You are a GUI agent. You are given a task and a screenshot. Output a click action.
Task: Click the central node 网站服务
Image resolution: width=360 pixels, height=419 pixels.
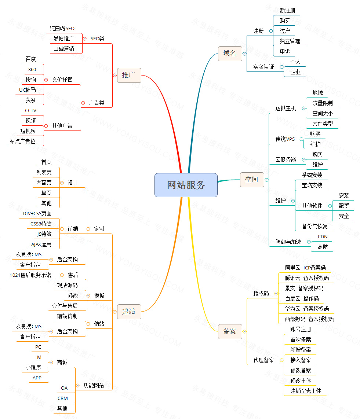point(186,185)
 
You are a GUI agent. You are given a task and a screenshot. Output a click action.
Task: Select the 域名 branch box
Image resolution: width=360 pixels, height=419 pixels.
point(230,54)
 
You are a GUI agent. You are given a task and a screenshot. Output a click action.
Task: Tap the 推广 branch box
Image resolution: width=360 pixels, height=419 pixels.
point(129,75)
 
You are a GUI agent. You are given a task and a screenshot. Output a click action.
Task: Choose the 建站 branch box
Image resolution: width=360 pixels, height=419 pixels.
point(129,312)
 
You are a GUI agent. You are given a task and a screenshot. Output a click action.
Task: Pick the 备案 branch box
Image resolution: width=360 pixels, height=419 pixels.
point(230,331)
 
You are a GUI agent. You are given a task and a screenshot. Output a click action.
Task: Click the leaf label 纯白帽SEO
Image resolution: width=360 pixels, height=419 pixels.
point(62,28)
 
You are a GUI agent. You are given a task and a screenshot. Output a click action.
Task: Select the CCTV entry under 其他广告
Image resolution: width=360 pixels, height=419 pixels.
point(31,110)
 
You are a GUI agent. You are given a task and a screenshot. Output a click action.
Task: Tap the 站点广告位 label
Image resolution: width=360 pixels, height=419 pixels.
point(23,141)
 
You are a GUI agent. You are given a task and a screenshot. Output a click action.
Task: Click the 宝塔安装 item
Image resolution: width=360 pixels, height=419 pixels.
point(312,185)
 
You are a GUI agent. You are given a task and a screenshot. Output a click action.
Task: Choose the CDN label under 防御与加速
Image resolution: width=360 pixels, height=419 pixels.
point(323,237)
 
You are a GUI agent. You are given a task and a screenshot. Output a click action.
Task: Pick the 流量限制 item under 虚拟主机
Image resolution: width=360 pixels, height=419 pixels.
point(323,103)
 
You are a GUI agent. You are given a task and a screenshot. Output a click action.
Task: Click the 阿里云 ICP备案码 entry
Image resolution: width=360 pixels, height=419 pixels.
point(305,268)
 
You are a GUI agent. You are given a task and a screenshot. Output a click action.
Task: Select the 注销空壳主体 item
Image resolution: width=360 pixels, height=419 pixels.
point(306,391)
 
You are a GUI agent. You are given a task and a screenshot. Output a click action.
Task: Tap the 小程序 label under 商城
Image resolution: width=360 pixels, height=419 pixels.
point(33,367)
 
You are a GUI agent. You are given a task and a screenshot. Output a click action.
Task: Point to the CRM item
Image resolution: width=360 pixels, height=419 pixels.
point(62,398)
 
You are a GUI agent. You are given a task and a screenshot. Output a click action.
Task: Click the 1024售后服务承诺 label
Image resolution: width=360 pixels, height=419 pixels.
point(31,275)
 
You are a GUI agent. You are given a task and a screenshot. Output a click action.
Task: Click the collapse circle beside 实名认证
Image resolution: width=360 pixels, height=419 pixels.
point(281,67)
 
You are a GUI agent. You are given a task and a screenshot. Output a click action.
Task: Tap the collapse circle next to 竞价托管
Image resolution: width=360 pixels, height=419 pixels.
point(46,80)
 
